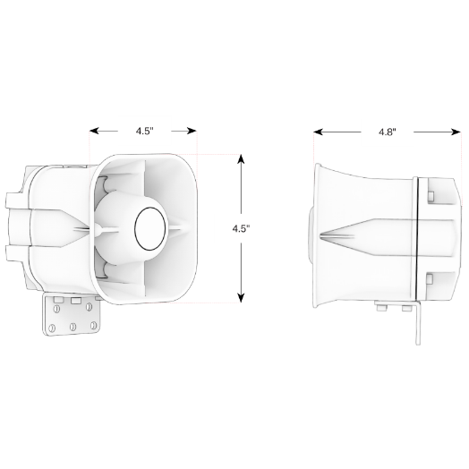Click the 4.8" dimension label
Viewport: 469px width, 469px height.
[387, 132]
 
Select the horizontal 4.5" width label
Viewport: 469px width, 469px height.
[145, 131]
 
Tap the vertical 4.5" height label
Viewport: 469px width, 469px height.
[241, 228]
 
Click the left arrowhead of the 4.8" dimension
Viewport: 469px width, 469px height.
[319, 132]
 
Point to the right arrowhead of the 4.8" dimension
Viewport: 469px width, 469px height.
[456, 132]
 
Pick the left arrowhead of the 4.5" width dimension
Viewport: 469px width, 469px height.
[95, 131]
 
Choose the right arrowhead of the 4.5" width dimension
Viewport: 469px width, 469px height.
[192, 131]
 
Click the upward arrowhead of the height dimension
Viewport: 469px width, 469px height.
[241, 158]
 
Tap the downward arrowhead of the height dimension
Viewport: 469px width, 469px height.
[241, 298]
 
